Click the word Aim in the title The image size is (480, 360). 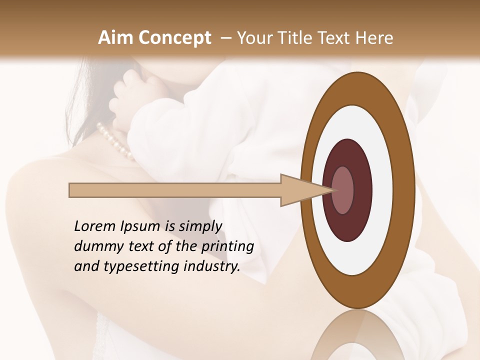[x=116, y=38]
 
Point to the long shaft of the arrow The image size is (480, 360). [x=175, y=190]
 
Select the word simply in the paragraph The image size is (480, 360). [x=199, y=226]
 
